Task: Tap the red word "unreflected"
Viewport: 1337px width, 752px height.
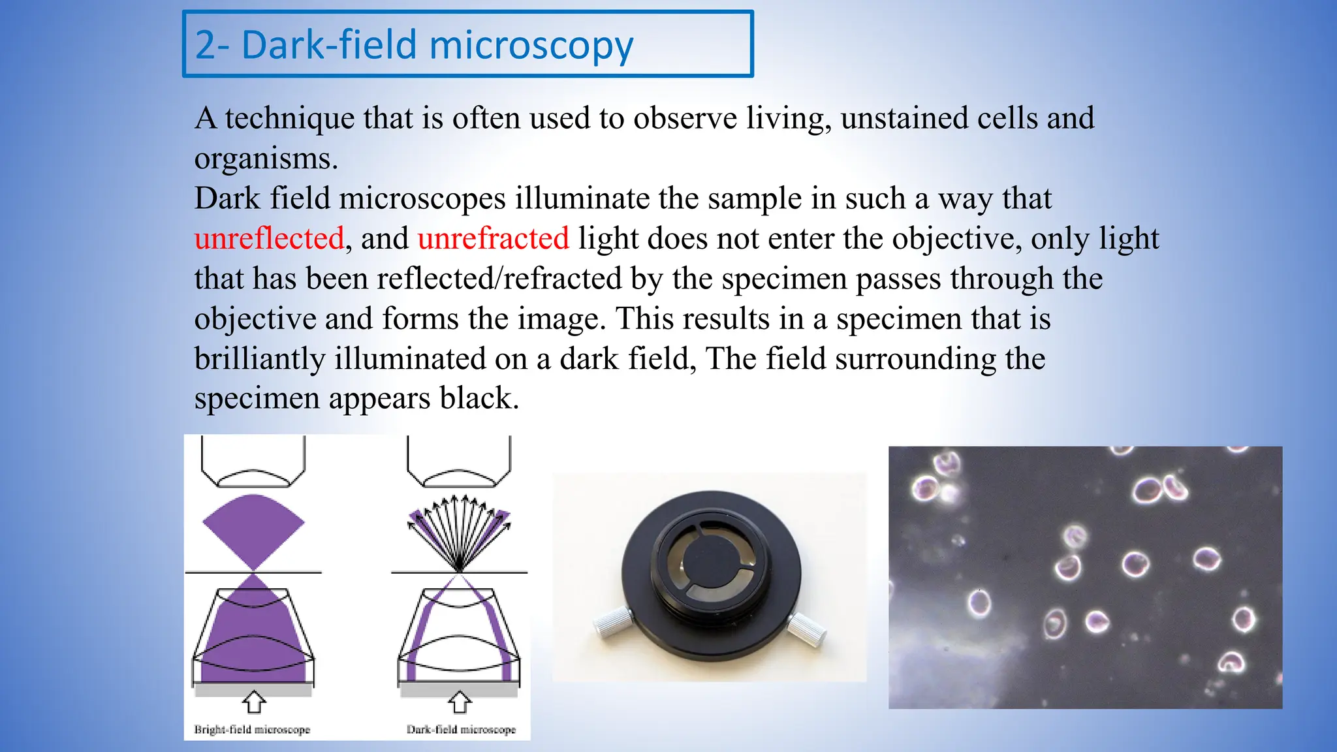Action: tap(269, 238)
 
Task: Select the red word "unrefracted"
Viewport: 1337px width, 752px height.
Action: tap(493, 238)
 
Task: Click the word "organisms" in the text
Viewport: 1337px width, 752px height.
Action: tap(264, 159)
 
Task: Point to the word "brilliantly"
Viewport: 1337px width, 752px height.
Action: tap(260, 359)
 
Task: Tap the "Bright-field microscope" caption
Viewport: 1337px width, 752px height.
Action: tap(252, 729)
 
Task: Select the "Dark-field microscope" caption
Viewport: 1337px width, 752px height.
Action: tap(461, 729)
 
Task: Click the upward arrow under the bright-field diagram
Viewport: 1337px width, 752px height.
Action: tap(254, 702)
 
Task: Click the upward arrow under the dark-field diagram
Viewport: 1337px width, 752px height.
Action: tap(460, 702)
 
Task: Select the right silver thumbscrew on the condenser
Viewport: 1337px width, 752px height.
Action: tap(807, 628)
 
